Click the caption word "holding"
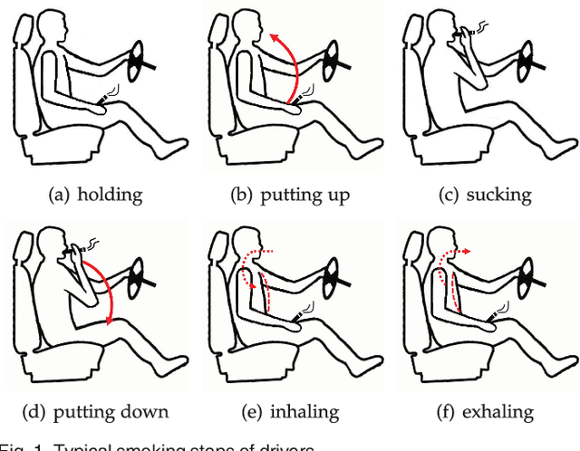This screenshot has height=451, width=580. [x=110, y=193]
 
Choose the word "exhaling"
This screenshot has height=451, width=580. [x=501, y=412]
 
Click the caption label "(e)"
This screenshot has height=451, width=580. [x=251, y=412]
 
